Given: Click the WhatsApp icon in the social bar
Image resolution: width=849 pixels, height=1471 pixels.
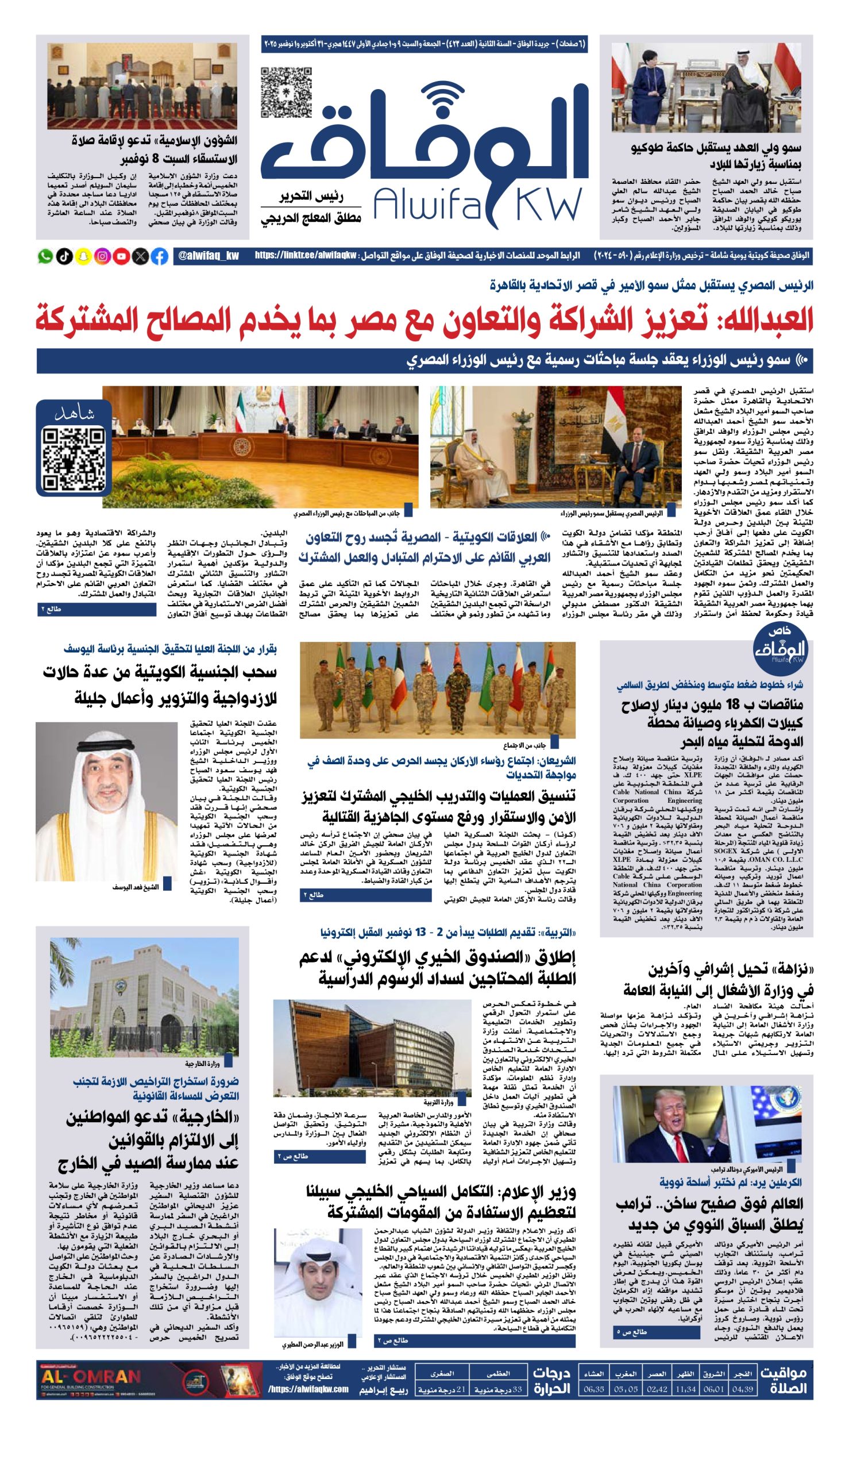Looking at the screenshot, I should point(45,256).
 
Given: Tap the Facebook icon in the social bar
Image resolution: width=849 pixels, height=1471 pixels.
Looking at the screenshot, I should point(160,256).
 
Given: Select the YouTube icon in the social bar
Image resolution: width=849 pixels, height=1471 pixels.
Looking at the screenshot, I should point(122,256).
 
